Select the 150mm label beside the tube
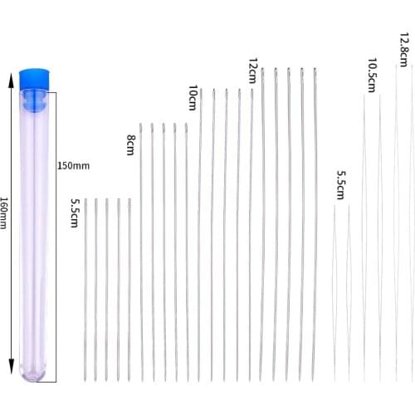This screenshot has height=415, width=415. coord(73,166)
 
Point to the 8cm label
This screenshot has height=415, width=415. coord(130,144)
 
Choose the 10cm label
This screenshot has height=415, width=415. coord(193,98)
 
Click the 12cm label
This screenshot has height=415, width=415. coord(252,71)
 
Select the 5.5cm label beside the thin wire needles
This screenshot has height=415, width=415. coord(339,186)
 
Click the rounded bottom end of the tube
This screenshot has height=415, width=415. coord(37,373)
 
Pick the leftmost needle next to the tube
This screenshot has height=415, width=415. coord(85,290)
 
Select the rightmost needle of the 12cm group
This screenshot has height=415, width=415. coord(315,224)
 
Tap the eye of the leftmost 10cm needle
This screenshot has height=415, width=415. coord(200,92)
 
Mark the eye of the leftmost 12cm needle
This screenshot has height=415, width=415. coord(262,72)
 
